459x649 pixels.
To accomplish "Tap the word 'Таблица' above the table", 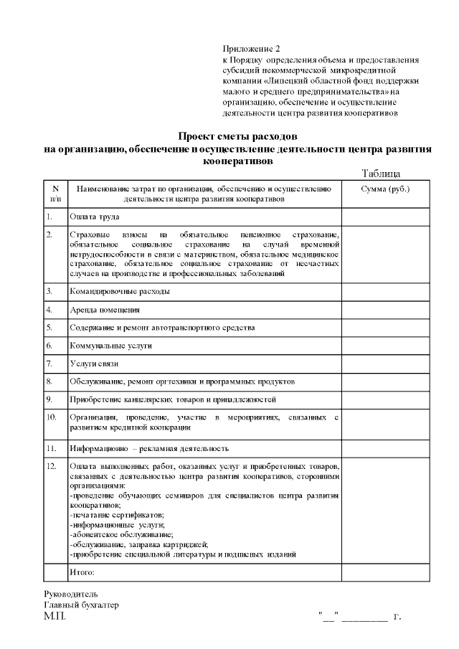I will click(381, 174).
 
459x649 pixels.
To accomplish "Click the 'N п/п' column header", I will click(55, 193).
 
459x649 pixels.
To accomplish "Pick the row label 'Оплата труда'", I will click(94, 216).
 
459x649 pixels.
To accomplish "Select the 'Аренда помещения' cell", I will click(104, 310).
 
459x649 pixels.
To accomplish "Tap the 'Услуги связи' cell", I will click(93, 364).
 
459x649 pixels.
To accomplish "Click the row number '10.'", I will click(52, 416).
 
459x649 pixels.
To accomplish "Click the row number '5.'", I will click(49, 328).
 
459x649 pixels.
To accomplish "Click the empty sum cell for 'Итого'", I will click(385, 572).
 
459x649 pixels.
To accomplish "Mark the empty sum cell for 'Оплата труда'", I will click(385, 216).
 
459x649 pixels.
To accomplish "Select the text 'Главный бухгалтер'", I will click(81, 605).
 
